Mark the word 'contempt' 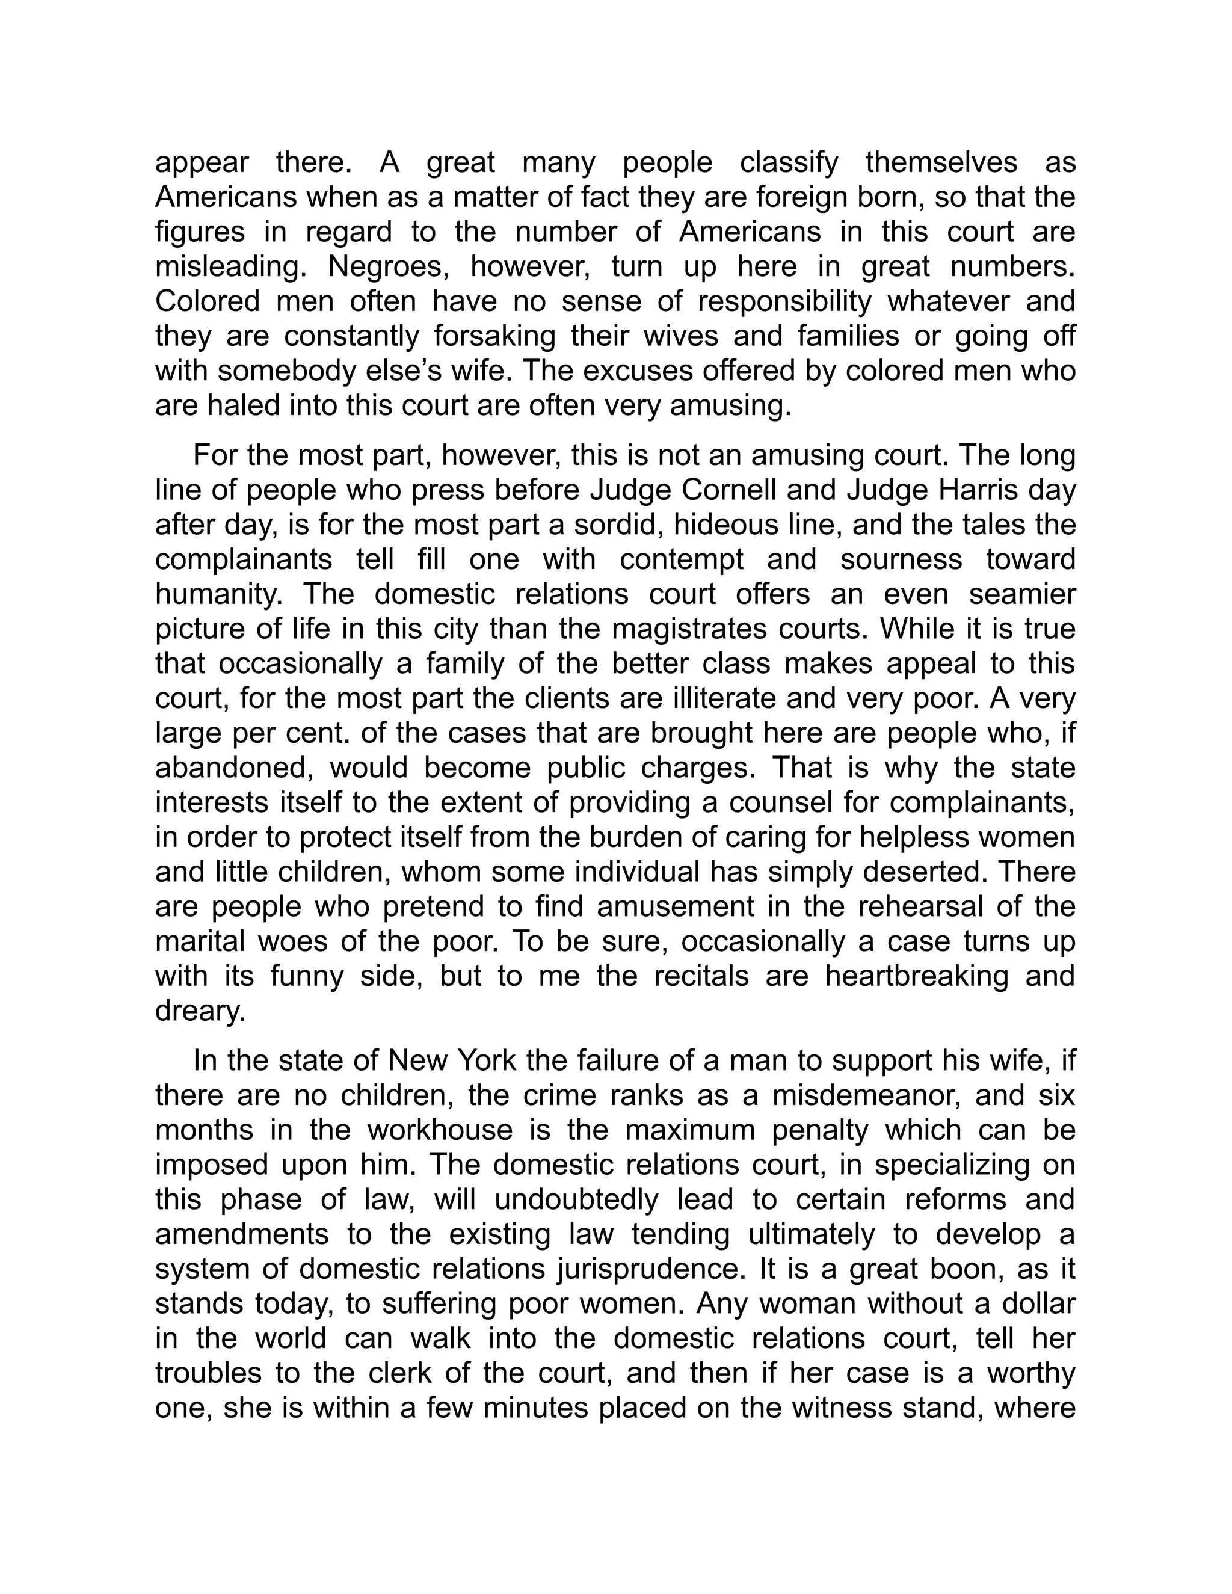coord(681,560)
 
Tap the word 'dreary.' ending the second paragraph coord(201,1012)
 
